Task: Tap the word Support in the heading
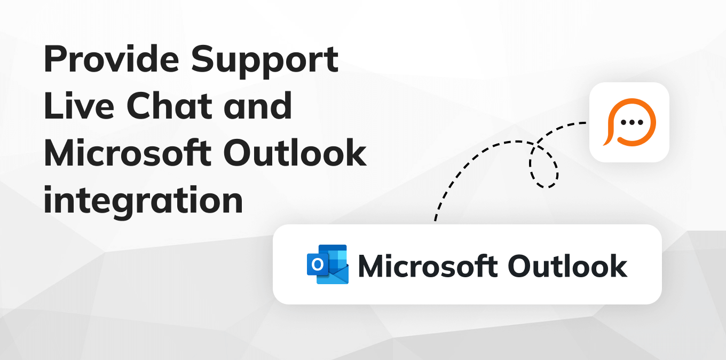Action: pos(265,60)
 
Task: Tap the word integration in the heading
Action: pos(143,200)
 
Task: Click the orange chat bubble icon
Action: pos(629,122)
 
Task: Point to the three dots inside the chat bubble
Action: pos(632,122)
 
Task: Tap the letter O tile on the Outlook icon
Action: pos(318,264)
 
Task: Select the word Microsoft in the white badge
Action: pos(427,265)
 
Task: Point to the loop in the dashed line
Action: pos(544,166)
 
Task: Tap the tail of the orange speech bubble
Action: pos(607,142)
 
